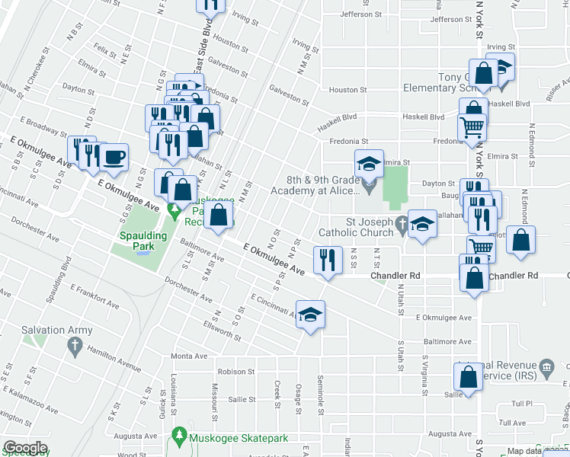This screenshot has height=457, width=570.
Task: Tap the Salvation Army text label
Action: coord(57,331)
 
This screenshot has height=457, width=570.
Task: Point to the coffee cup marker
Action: coord(114,158)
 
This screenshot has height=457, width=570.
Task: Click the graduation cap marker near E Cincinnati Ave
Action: coord(311,315)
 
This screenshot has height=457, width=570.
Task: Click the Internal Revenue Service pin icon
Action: coord(546,369)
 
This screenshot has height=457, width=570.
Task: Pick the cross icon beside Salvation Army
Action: coord(74,347)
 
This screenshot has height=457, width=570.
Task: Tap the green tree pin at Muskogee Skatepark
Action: coord(179,436)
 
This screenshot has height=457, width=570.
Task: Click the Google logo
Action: coord(25,448)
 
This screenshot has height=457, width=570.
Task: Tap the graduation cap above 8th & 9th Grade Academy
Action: coord(368,163)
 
